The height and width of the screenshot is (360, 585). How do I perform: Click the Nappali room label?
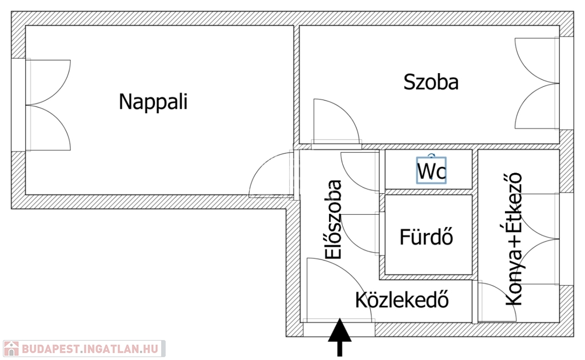pos(153,102)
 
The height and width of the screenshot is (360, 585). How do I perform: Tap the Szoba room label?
pos(431,82)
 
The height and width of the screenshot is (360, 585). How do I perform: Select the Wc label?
pos(431,171)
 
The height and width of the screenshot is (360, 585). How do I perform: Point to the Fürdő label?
pos(426,237)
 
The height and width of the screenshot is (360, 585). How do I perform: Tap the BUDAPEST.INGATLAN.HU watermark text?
pos(91,349)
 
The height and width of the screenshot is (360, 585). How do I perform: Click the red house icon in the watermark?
pos(10,349)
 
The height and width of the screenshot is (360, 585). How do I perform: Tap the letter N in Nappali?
pos(125,102)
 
